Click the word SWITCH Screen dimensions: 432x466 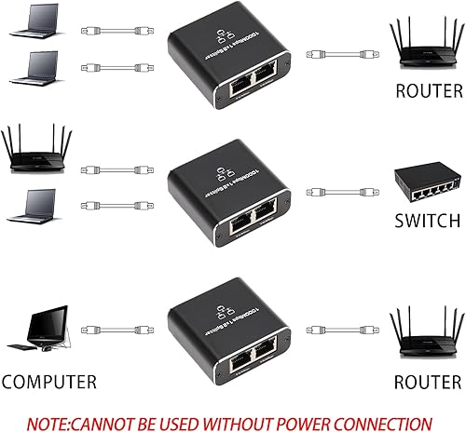tap(428, 222)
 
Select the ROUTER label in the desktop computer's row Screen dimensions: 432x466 tap(428, 382)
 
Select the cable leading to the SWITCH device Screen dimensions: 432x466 tap(340, 194)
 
